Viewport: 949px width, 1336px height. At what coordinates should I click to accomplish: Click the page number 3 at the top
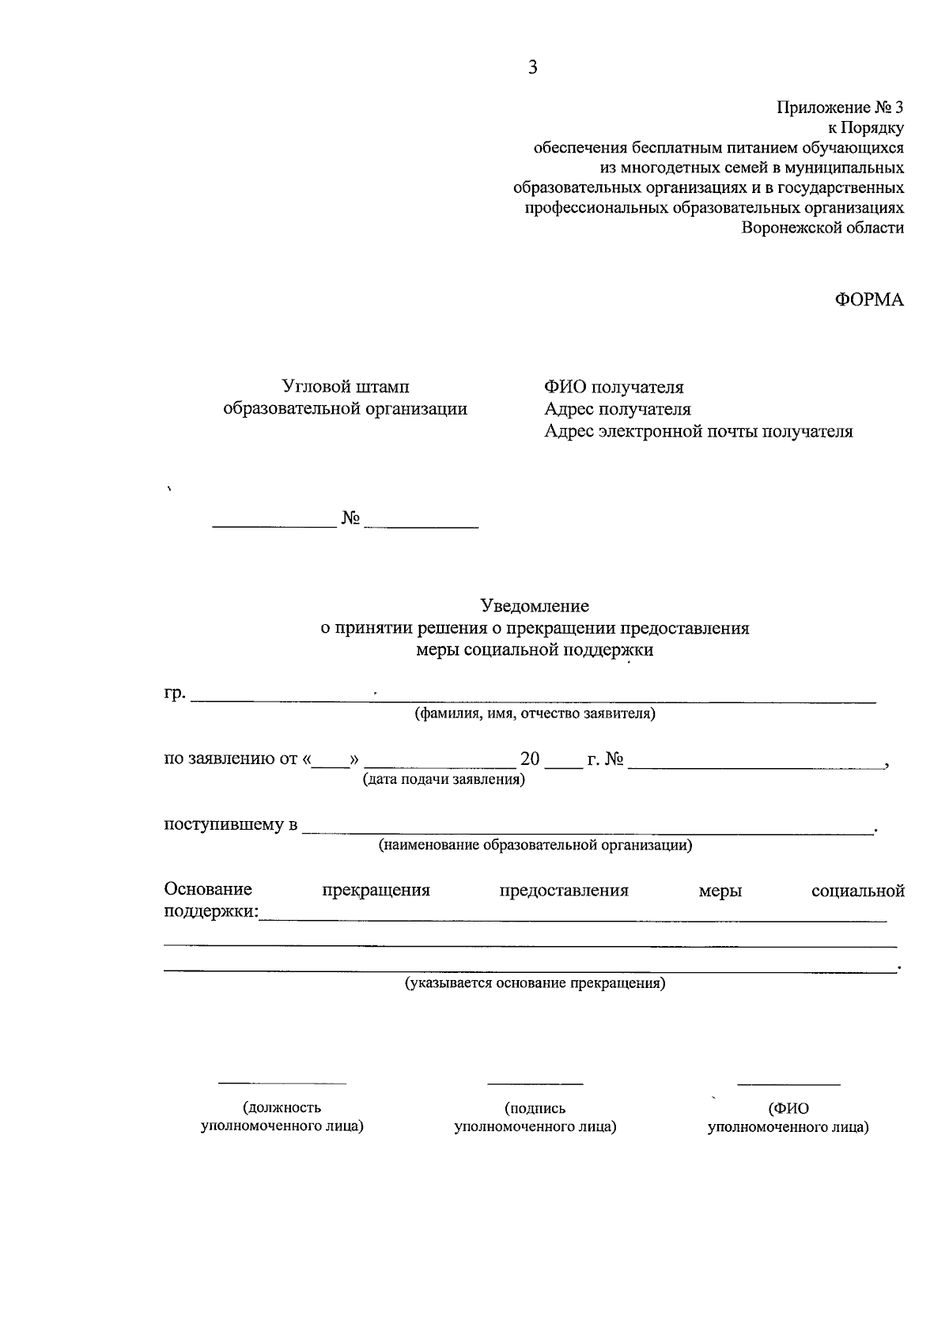click(x=532, y=68)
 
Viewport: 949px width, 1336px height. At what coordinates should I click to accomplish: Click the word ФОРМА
click(x=869, y=300)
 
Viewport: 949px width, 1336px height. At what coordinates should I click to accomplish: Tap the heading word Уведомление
click(x=535, y=606)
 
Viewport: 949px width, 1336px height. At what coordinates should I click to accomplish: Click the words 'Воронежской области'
click(x=822, y=228)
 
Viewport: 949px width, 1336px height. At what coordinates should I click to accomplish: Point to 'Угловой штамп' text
click(x=346, y=387)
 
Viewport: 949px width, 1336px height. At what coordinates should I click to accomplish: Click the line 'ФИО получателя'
click(x=614, y=387)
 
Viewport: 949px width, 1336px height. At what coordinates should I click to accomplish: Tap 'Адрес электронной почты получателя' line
click(x=698, y=432)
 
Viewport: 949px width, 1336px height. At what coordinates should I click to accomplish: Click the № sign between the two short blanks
click(x=350, y=518)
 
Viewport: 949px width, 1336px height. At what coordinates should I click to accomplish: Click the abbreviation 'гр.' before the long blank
click(x=175, y=694)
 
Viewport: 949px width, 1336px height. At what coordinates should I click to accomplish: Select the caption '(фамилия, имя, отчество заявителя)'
click(x=535, y=714)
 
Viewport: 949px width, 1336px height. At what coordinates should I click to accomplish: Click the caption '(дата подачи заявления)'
click(x=444, y=780)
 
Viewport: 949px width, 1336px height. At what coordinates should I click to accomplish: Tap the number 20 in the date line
click(x=530, y=759)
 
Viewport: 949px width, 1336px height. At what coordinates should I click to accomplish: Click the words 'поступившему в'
click(x=230, y=825)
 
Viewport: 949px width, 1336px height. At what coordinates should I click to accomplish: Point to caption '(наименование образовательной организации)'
click(x=535, y=846)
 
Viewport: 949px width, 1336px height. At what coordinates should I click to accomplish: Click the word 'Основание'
click(x=208, y=890)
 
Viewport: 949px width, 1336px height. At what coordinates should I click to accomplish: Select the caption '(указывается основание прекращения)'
click(x=535, y=984)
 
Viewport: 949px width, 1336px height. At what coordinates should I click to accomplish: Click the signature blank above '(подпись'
click(x=535, y=1083)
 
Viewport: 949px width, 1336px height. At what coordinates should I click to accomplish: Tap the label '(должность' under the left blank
click(x=282, y=1108)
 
